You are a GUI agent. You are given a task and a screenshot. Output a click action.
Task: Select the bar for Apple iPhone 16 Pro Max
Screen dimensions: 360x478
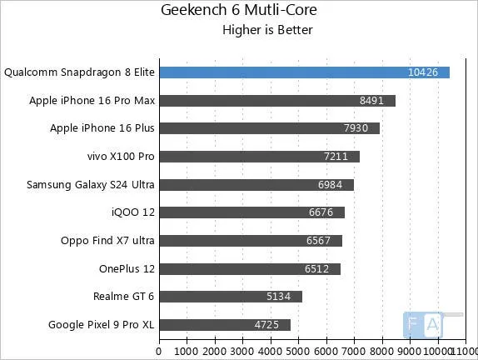click(x=277, y=101)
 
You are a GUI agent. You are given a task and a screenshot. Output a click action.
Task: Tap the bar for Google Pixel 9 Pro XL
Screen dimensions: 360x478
click(x=225, y=324)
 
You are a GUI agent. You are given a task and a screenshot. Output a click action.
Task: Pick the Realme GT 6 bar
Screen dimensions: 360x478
click(x=231, y=297)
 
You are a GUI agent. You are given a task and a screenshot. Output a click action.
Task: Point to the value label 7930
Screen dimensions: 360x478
click(x=359, y=128)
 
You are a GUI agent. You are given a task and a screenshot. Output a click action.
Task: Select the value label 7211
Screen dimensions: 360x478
click(x=339, y=157)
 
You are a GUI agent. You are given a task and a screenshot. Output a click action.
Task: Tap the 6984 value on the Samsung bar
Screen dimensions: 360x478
click(x=333, y=184)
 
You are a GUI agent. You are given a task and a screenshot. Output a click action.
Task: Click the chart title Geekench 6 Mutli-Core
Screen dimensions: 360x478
click(x=238, y=11)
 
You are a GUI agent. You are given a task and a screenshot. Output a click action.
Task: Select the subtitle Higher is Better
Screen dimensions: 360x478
click(x=266, y=31)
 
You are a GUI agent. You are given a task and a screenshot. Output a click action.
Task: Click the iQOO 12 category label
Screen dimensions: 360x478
click(x=127, y=212)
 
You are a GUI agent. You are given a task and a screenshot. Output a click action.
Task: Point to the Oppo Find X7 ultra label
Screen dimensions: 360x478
click(x=107, y=241)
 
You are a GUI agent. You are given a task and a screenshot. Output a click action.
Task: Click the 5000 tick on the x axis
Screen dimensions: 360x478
click(x=298, y=341)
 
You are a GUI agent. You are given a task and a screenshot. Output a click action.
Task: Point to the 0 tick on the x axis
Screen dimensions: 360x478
click(x=159, y=341)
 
